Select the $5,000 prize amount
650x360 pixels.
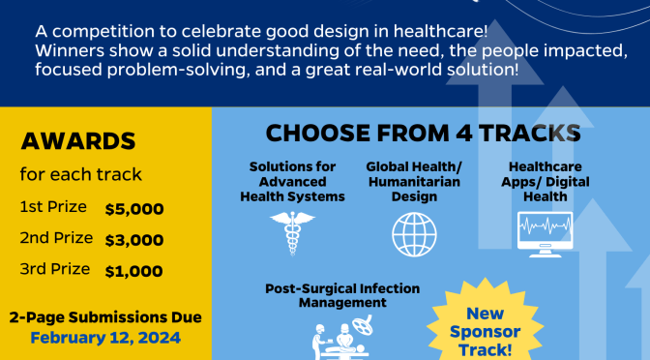pyautogui.click(x=133, y=208)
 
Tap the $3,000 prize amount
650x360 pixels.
pyautogui.click(x=133, y=239)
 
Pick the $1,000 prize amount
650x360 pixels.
pyautogui.click(x=133, y=271)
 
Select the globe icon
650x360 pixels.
pyautogui.click(x=414, y=233)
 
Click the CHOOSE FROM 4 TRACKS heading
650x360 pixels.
pyautogui.click(x=424, y=134)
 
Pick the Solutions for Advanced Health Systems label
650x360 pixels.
pyautogui.click(x=292, y=182)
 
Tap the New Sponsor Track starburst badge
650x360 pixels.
pyautogui.click(x=486, y=330)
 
